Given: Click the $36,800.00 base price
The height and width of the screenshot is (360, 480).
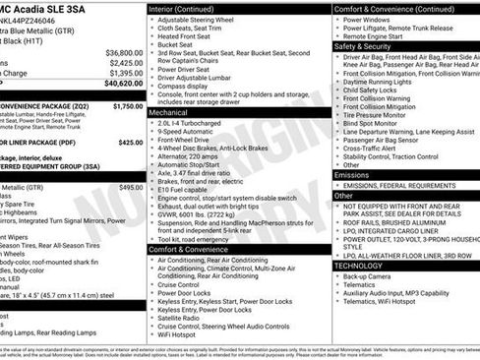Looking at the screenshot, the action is point(124,51).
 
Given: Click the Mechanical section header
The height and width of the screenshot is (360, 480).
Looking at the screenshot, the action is point(168,113).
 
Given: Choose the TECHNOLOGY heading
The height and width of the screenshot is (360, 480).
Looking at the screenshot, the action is point(358,266).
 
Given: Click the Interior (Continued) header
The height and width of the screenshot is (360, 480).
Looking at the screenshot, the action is point(189,8).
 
